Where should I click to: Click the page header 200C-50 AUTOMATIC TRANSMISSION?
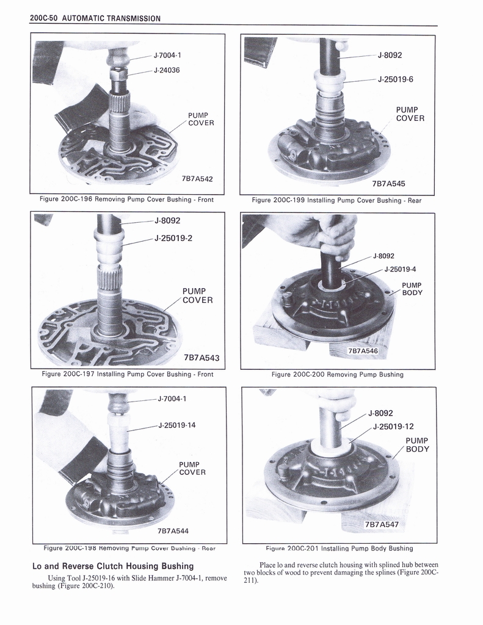pos(95,18)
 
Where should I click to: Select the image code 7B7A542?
pos(197,179)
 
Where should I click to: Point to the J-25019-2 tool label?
pos(173,238)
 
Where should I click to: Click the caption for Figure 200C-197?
pos(128,374)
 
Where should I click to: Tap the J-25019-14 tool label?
pos(176,425)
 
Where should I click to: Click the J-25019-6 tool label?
pos(396,79)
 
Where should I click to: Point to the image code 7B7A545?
pos(388,183)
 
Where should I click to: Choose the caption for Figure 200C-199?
pos(336,200)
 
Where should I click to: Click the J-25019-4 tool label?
pos(400,269)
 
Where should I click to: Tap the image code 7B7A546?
pos(363,351)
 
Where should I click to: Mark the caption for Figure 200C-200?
pos(337,374)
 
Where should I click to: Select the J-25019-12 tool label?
pos(393,427)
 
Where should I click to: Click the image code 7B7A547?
pos(381,524)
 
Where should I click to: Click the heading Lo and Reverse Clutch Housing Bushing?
pos(112,566)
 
